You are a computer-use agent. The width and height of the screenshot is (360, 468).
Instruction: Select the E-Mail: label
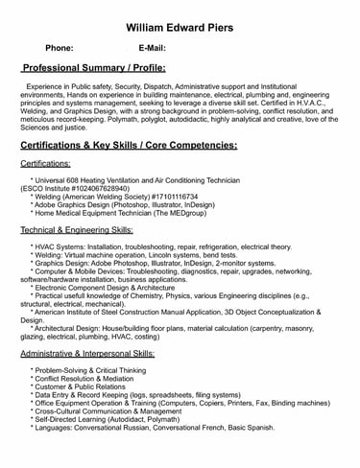pyautogui.click(x=153, y=47)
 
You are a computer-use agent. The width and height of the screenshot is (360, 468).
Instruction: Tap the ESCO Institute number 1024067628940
pyautogui.click(x=108, y=188)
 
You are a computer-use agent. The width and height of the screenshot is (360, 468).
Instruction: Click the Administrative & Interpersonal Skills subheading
pyautogui.click(x=93, y=354)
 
